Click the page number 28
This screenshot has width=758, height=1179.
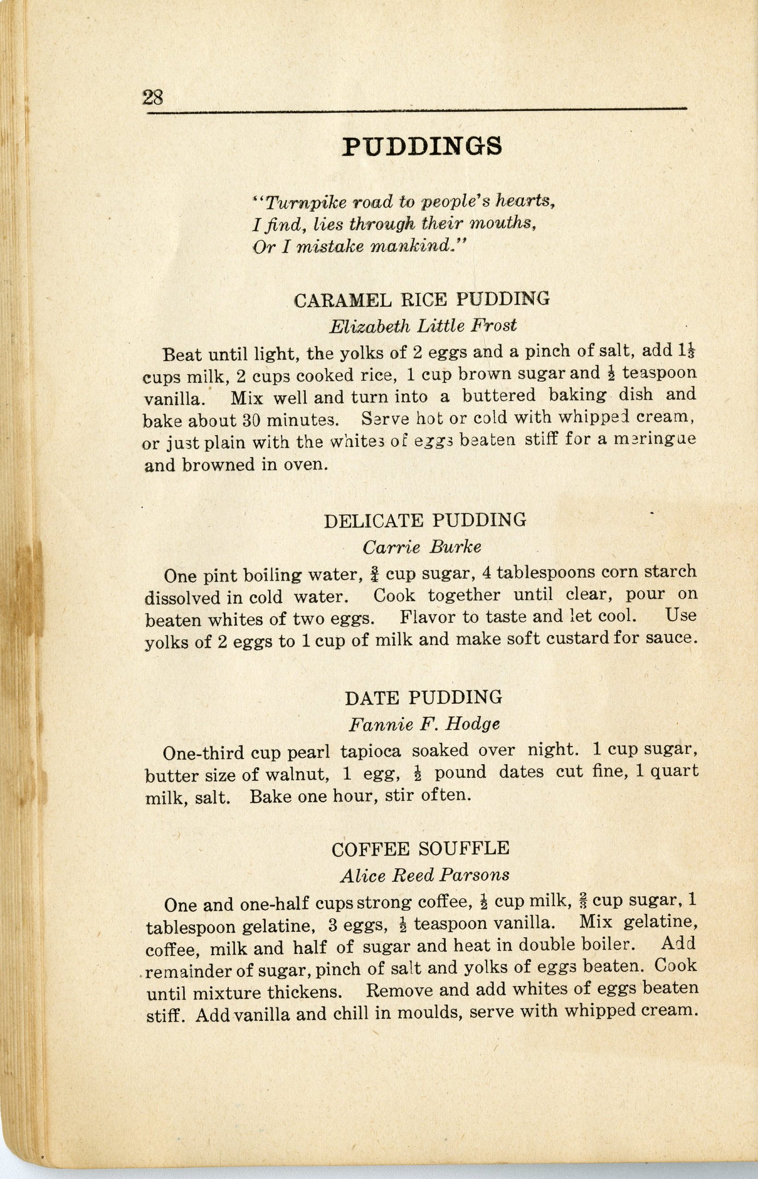click(152, 98)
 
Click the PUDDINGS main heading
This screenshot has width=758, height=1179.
click(422, 147)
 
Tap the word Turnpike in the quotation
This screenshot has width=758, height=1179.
click(298, 202)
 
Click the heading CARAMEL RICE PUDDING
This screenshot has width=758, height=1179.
click(421, 299)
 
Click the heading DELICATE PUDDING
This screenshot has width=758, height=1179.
click(425, 520)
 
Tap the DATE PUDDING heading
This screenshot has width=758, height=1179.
click(423, 697)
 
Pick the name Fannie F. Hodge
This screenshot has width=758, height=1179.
click(424, 724)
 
